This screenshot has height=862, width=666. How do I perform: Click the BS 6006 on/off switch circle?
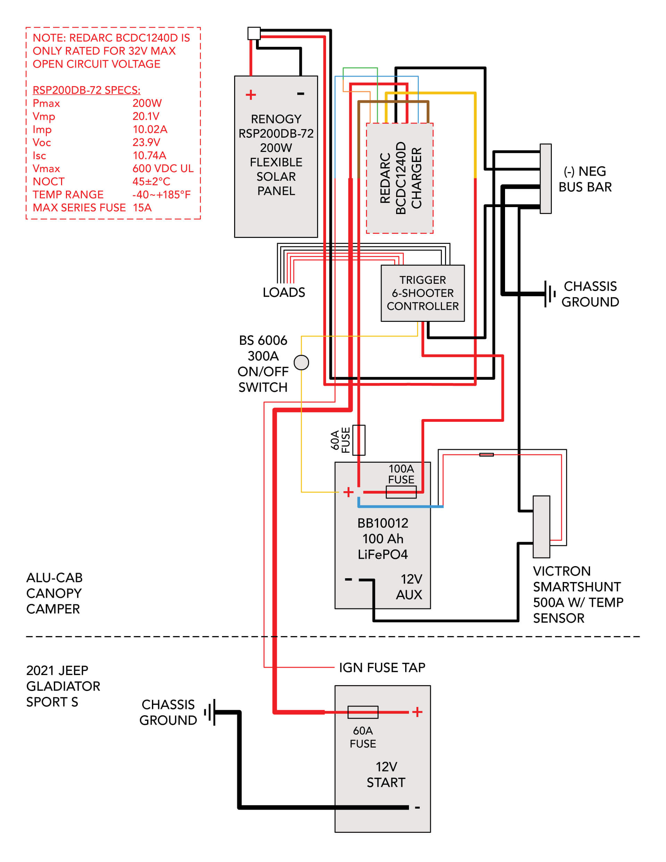301,362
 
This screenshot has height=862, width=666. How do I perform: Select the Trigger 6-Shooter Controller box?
422,293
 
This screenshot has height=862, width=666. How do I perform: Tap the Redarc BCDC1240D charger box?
400,178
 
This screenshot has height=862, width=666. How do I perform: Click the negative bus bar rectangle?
545,178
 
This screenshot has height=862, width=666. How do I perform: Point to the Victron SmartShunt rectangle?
541,527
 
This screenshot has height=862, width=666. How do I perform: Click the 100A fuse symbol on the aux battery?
401,492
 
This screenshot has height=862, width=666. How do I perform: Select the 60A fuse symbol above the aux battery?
358,440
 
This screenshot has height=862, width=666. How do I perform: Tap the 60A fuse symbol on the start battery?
363,712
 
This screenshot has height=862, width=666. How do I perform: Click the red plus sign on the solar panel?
251,95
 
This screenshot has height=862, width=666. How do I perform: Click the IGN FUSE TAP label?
382,667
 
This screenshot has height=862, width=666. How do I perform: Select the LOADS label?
284,292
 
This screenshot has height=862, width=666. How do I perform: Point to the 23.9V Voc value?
146,143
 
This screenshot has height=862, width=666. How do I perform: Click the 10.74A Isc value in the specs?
149,155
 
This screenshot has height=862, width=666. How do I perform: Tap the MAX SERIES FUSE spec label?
79,207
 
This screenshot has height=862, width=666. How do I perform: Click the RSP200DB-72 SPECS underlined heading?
86,90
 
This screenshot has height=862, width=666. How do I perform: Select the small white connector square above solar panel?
254,33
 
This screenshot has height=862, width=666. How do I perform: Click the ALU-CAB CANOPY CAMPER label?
54,593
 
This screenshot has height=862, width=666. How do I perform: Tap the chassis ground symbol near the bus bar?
549,294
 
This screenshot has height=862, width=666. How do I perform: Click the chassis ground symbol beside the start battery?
210,712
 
